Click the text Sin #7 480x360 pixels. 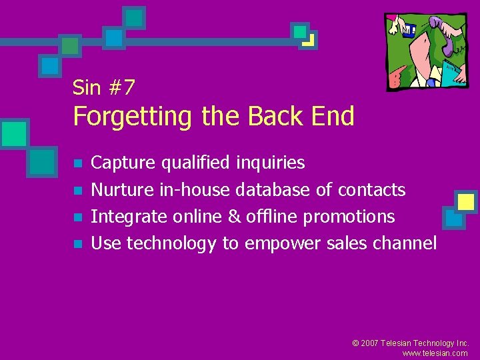click(103, 87)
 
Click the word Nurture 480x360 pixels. click(122, 190)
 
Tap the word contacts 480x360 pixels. click(371, 190)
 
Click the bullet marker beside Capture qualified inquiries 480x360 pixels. click(78, 163)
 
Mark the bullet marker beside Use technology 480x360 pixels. click(78, 245)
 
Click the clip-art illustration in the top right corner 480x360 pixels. click(426, 51)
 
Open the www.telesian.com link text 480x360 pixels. click(435, 353)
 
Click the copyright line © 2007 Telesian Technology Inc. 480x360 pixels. click(410, 343)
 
